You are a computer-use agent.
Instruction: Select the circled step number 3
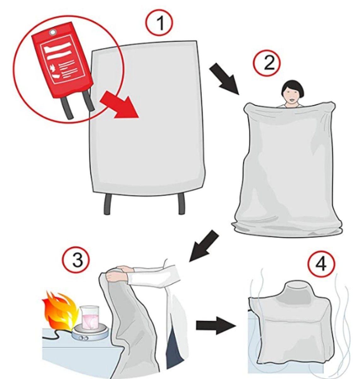pos(76,260)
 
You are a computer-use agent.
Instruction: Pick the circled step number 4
pos(321,264)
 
